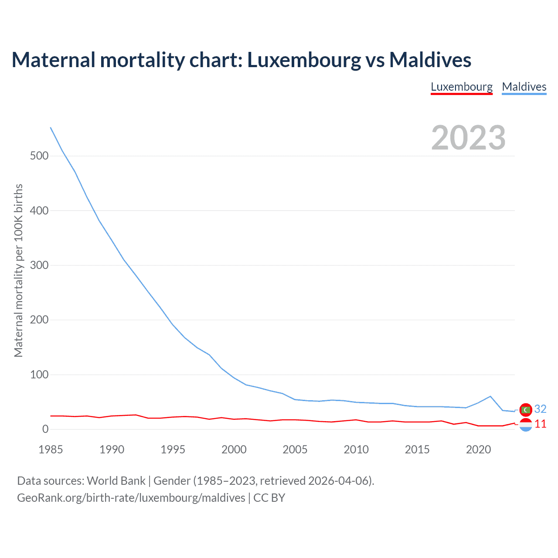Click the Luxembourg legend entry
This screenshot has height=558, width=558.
462,87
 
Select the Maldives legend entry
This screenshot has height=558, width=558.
524,87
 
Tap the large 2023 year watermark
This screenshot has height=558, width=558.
468,138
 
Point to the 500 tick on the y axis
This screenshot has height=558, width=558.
39,156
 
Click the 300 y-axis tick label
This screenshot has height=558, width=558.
39,265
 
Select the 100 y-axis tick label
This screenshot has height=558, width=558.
39,375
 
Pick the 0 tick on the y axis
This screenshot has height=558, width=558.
45,429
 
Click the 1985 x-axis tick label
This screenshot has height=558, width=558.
51,449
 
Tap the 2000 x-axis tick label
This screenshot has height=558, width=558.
234,449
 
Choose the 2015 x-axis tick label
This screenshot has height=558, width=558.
417,449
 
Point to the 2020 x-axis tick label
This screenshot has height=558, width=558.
478,449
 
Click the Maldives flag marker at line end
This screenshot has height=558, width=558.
526,410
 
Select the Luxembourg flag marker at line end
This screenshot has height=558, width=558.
526,425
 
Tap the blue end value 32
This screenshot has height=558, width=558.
540,409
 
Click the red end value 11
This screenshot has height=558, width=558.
540,424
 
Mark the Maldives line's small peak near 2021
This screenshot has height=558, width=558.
490,396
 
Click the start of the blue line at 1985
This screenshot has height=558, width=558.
51,128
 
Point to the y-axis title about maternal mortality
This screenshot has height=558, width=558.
18,270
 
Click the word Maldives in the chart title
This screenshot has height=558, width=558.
430,60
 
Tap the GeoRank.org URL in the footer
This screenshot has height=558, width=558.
131,498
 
